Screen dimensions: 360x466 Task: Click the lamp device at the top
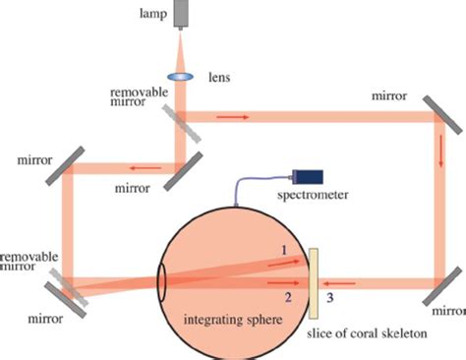pos(184,14)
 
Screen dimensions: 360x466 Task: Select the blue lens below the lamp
pos(183,75)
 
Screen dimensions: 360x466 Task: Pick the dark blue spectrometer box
pos(310,177)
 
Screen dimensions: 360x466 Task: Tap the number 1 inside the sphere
pos(284,252)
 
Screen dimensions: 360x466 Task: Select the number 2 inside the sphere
pos(287,294)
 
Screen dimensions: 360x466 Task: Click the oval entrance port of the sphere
pos(160,280)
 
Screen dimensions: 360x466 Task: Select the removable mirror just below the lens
pos(180,118)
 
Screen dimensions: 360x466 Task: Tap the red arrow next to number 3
pos(344,279)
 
